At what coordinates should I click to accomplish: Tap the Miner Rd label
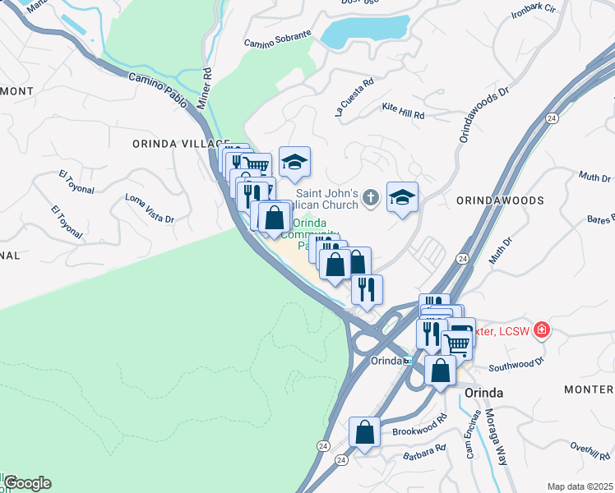[x=206, y=89]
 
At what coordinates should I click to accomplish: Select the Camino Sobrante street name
[x=278, y=39]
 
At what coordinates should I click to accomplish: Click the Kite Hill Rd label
[x=403, y=111]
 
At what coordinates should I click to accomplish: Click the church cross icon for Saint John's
[x=371, y=197]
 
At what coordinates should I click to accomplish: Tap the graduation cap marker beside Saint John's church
[x=402, y=197]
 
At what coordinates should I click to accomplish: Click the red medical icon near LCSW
[x=541, y=330]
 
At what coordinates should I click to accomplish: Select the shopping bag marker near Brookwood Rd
[x=364, y=432]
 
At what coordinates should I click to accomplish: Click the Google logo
[x=26, y=483]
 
